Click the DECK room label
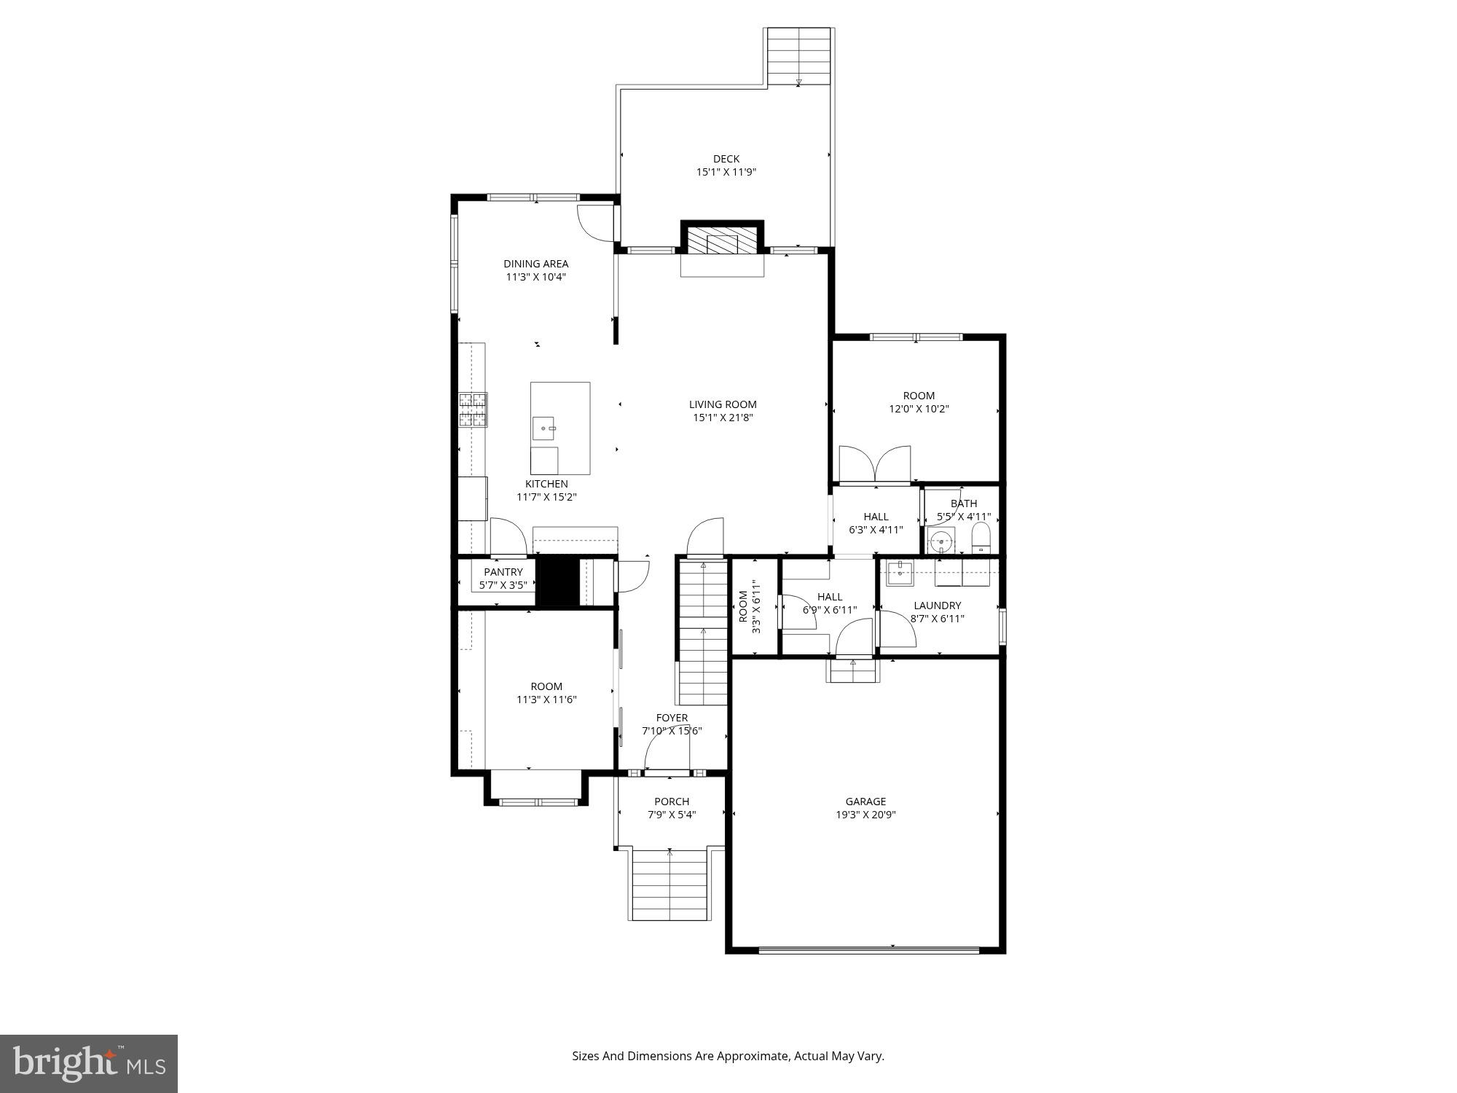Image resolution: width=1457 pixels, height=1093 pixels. (x=726, y=159)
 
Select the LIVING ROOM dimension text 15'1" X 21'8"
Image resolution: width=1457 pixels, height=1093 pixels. (x=722, y=418)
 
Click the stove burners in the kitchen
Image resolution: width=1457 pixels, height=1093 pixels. (x=473, y=410)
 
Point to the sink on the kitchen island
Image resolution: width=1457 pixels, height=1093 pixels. (x=543, y=429)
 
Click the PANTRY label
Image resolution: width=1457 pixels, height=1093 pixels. (x=503, y=572)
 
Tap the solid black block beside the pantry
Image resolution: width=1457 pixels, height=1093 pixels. (x=557, y=580)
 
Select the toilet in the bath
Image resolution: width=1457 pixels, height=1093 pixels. (x=981, y=538)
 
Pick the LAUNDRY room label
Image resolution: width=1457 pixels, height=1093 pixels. (x=937, y=606)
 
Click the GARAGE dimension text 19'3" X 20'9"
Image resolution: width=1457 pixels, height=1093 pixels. (x=865, y=815)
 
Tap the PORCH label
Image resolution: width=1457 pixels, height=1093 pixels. (x=671, y=802)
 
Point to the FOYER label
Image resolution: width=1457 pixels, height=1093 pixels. (x=671, y=718)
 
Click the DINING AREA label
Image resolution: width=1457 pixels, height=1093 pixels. (x=535, y=264)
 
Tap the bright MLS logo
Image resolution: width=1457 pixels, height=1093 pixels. (x=89, y=1064)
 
